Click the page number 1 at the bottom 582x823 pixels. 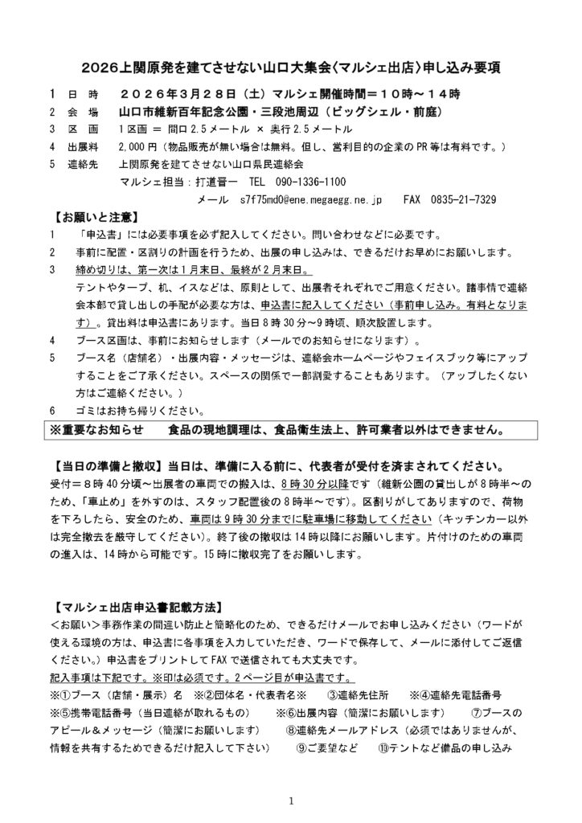coord(291,800)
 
